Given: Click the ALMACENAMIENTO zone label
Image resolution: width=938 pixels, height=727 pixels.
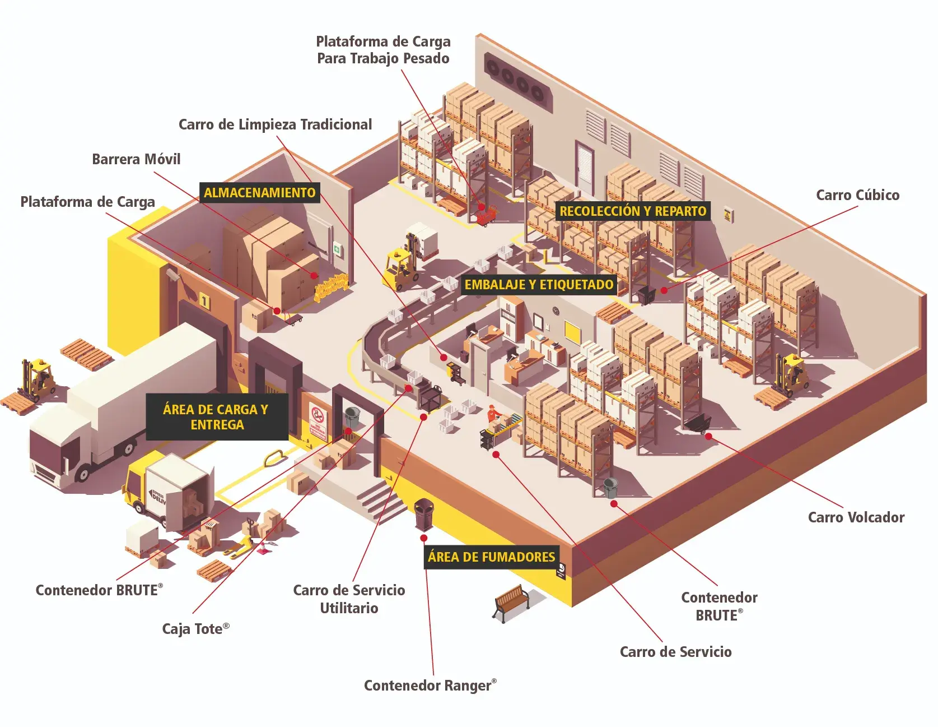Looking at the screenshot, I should (260, 193).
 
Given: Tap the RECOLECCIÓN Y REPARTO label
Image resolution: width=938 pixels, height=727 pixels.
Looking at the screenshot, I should (633, 211).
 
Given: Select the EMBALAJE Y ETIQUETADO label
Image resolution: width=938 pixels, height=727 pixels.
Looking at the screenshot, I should (539, 285).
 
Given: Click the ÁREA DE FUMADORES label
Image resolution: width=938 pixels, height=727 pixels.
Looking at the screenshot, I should (491, 557).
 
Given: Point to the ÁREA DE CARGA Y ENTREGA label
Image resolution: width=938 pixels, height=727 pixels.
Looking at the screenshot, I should (217, 417).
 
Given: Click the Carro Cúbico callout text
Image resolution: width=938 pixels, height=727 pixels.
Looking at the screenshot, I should (857, 195).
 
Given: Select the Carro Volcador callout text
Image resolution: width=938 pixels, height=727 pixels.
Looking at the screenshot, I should (856, 517).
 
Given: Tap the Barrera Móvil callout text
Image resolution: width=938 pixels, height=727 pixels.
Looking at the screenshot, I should (136, 159).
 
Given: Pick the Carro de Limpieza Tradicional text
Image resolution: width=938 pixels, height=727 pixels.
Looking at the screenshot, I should (275, 124).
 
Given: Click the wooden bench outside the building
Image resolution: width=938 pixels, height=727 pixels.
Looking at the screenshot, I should (511, 601).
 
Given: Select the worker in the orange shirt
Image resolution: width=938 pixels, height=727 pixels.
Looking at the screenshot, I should (492, 415).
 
